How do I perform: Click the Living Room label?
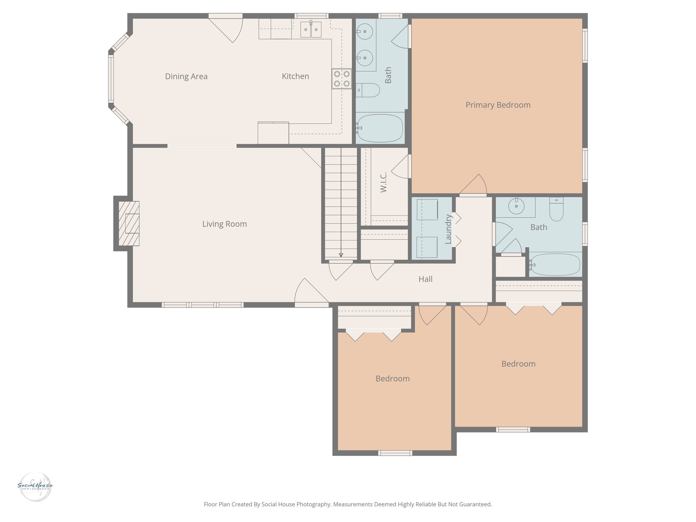coord(224,224)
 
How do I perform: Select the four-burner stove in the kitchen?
coord(342,79)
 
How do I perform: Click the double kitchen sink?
coord(311,30)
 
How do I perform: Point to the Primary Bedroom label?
coord(498,105)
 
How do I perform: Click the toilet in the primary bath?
coord(369,90)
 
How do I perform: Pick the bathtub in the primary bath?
coord(380,128)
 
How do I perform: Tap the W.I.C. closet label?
coord(383,182)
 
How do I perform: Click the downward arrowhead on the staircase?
coord(341,255)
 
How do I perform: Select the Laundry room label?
coord(448,229)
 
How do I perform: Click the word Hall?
coord(425,279)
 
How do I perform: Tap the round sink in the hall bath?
coord(516,206)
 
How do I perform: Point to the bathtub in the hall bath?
coord(555,264)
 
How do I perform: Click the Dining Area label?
coord(186,76)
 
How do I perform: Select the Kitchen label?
coord(295,76)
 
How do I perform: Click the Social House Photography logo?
coord(35,486)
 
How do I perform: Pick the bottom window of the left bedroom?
coord(395,453)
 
